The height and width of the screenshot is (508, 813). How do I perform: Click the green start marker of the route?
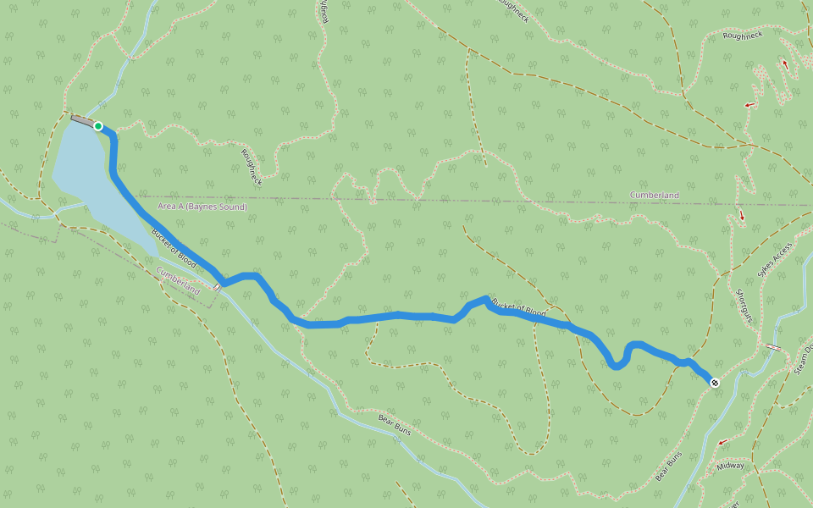[98, 126]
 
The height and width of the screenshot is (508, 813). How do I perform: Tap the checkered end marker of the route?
[715, 383]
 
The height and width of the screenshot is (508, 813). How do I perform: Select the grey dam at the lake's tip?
[82, 121]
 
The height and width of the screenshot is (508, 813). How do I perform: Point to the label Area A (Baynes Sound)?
[202, 207]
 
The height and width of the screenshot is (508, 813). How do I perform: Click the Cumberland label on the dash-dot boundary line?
[654, 196]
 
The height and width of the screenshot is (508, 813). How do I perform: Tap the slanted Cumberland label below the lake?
[179, 280]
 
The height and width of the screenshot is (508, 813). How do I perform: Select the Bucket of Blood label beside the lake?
[174, 249]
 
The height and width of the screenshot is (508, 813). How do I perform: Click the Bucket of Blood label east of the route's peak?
[518, 310]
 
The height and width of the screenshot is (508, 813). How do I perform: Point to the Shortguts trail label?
[744, 303]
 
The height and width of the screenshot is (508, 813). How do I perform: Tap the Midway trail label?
[730, 466]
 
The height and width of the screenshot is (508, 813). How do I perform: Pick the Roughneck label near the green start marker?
[252, 167]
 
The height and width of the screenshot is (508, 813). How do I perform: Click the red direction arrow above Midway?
[722, 442]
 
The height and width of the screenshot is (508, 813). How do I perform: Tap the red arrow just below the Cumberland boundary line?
[743, 216]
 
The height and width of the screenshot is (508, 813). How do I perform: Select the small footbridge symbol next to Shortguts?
[773, 347]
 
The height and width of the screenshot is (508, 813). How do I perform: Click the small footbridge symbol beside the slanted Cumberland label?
[217, 287]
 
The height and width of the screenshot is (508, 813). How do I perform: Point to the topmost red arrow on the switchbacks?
[785, 64]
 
